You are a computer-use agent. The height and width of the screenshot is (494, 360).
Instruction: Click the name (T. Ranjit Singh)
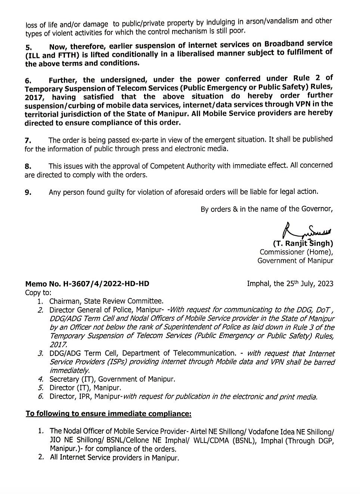click(303, 244)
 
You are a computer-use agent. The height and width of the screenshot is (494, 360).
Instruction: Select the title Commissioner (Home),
click(297, 252)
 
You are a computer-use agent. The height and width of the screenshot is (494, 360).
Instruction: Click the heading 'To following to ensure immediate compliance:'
click(108, 414)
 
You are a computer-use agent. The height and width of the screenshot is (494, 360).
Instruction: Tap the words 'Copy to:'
click(38, 293)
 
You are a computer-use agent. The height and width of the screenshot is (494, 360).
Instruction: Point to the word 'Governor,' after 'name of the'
click(318, 209)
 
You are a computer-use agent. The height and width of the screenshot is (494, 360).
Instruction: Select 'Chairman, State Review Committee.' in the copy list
click(106, 301)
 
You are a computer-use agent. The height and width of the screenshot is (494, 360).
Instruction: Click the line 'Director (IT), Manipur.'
click(85, 388)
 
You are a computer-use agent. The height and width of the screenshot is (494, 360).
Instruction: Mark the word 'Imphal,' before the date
click(259, 284)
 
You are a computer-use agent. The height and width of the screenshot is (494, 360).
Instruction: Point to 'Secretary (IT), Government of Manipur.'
click(112, 379)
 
